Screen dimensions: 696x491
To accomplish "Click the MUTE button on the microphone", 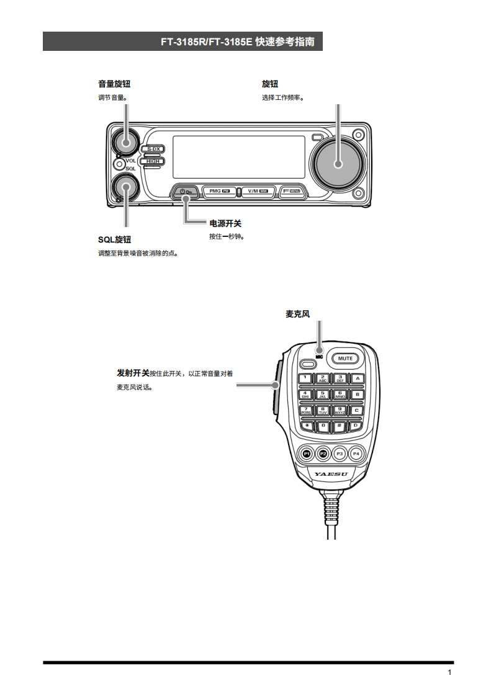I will (x=345, y=358).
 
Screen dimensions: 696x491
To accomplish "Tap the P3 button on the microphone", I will (x=340, y=453).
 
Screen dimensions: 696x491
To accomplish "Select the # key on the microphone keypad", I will (x=340, y=426).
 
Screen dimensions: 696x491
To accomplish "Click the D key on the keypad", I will (x=356, y=426).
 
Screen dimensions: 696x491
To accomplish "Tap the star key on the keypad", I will (x=306, y=426).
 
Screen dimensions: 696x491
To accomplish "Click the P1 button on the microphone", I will (x=306, y=453).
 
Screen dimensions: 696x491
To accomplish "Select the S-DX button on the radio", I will (x=153, y=149).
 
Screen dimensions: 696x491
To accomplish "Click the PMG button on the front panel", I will (x=220, y=191).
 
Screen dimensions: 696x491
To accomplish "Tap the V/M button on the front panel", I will (x=257, y=191).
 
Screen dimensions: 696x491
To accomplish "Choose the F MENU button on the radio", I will (x=291, y=191).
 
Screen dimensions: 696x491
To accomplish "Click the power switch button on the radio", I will (x=186, y=191).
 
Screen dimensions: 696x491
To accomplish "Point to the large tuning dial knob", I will (x=338, y=163).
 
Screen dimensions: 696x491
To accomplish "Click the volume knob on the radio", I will (x=126, y=142).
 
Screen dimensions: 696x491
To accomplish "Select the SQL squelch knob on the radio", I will (x=126, y=187).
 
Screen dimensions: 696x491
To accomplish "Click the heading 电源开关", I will (x=225, y=223).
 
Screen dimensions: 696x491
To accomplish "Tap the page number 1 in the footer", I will (x=449, y=673).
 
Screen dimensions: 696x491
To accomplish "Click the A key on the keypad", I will (x=357, y=378).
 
